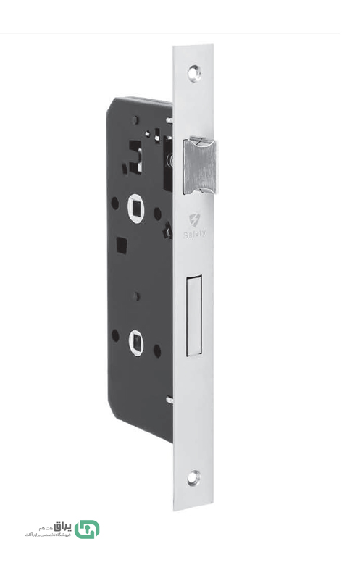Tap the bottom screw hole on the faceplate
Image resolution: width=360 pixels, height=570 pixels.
[x=193, y=477]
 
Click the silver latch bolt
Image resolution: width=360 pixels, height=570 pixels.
[x=200, y=164]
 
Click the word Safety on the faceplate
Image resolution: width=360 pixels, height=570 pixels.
[x=194, y=233]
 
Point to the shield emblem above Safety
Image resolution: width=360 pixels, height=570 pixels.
[x=193, y=219]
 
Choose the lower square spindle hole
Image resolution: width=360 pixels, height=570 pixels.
[x=135, y=338]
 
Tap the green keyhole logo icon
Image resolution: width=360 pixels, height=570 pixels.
[x=87, y=529]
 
